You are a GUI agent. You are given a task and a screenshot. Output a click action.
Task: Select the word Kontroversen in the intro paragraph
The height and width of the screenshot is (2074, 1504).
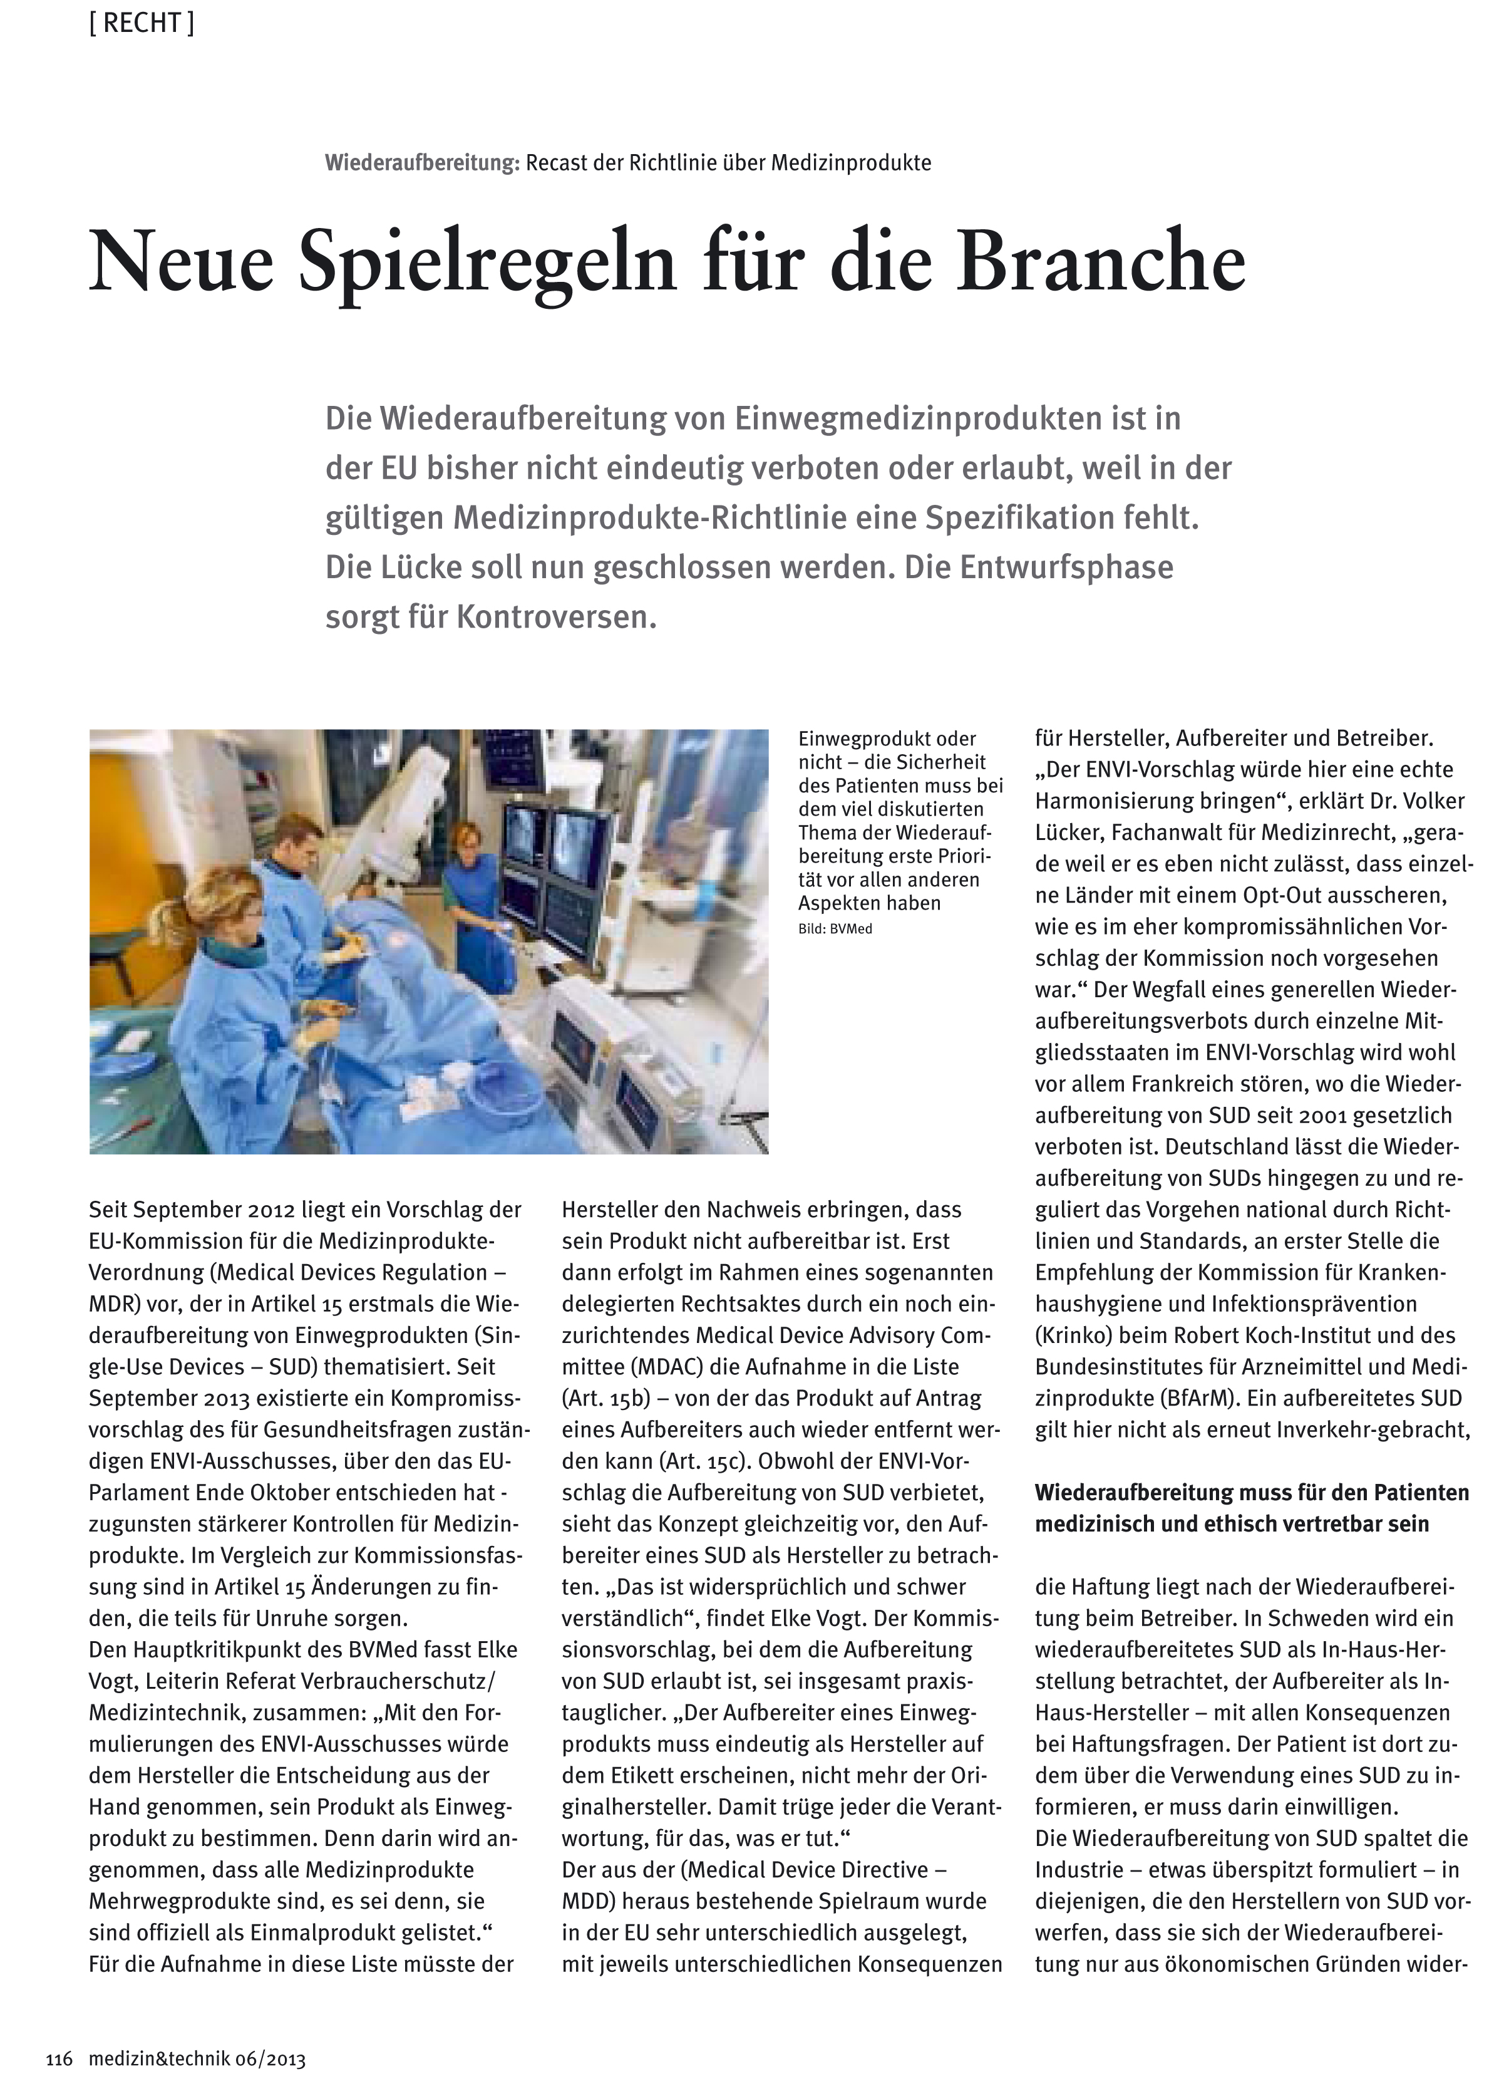coord(556,617)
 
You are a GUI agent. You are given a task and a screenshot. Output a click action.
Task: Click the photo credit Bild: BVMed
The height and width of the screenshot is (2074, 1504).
coord(835,929)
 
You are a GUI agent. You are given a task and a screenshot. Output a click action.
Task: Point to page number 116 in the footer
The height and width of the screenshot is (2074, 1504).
coord(58,2060)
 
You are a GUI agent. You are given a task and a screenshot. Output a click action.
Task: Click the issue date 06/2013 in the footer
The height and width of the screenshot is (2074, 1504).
coord(270,2060)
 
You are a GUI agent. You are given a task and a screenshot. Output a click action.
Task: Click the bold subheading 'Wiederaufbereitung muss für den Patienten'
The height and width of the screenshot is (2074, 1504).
coord(1252,1493)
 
